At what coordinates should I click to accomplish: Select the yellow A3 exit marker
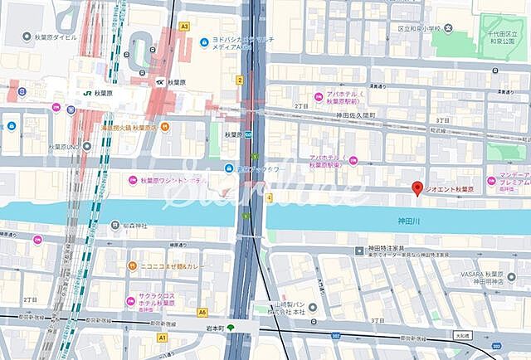(184, 27)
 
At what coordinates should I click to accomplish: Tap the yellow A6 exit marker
(202, 312)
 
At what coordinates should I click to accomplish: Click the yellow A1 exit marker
(163, 338)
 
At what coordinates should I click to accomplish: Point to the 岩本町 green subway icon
(231, 328)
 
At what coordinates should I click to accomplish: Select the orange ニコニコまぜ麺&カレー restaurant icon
(132, 266)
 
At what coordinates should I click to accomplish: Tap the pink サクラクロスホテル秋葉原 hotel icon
(129, 301)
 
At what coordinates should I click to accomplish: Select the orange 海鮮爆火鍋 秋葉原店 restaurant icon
(165, 127)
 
